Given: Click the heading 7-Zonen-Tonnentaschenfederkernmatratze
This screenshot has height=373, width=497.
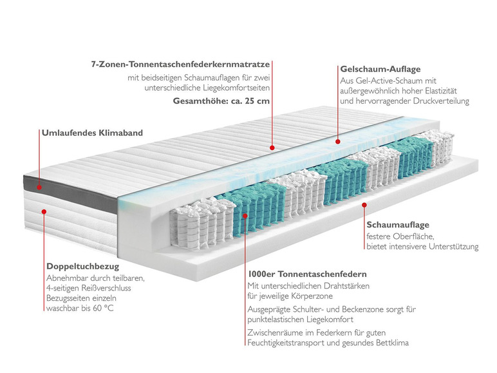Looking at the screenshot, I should (180, 64).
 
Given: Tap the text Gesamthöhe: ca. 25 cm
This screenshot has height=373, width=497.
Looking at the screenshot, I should (221, 101).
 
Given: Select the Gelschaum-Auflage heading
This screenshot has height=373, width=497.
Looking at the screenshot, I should (380, 68).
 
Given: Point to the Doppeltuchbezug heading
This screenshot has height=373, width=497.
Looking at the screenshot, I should (83, 265).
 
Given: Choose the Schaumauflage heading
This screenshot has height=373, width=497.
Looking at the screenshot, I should (398, 225).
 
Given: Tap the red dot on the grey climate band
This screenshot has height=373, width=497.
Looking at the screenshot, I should (39, 187).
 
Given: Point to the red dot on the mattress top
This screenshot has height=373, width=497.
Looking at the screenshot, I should (272, 148).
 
